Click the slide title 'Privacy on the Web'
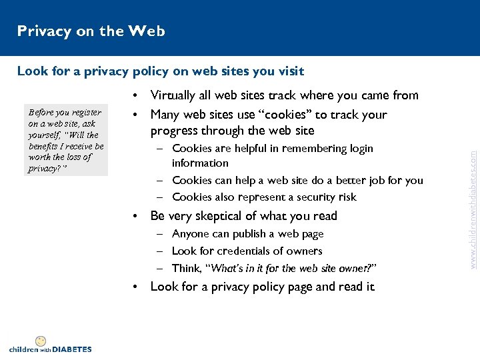[x=91, y=31]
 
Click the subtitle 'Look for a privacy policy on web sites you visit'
[x=160, y=71]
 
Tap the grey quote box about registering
[x=65, y=141]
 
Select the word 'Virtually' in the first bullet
[x=175, y=96]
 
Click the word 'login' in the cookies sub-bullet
[x=358, y=148]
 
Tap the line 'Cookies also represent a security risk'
[x=264, y=197]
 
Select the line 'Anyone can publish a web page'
[x=247, y=233]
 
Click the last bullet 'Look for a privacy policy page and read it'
[x=262, y=287]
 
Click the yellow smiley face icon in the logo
[x=40, y=341]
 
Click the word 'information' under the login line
[x=200, y=163]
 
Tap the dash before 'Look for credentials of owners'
[x=161, y=251]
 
